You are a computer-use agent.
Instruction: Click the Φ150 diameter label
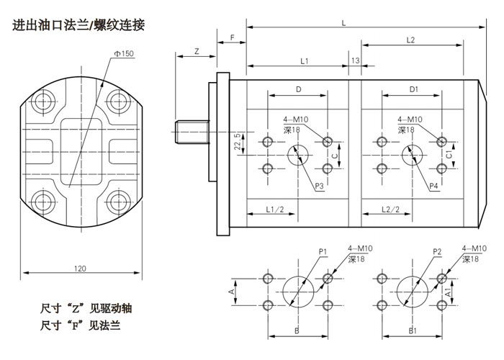pyautogui.click(x=123, y=54)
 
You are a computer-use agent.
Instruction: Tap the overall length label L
pyautogui.click(x=344, y=24)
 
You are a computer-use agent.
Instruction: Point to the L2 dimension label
pyautogui.click(x=410, y=40)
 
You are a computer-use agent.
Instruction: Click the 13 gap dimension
pyautogui.click(x=355, y=60)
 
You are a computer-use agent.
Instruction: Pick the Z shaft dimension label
pyautogui.click(x=197, y=51)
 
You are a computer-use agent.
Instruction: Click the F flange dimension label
pyautogui.click(x=232, y=36)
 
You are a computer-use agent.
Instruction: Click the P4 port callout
pyautogui.click(x=434, y=186)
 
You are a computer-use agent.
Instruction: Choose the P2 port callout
pyautogui.click(x=437, y=251)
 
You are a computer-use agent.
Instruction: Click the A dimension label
pyautogui.click(x=230, y=291)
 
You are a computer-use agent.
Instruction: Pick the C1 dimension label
pyautogui.click(x=449, y=153)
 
